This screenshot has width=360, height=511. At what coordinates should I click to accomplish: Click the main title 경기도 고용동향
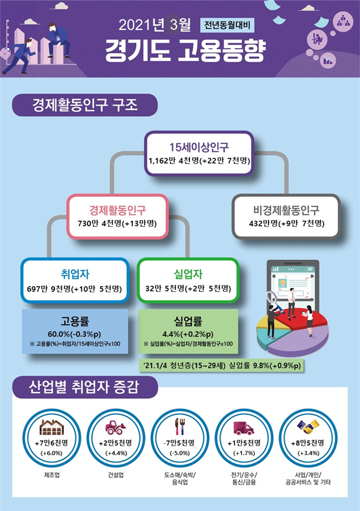pyautogui.click(x=185, y=51)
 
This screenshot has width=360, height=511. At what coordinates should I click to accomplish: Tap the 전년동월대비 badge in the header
pyautogui.click(x=227, y=25)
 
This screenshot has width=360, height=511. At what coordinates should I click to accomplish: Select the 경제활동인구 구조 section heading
pyautogui.click(x=85, y=105)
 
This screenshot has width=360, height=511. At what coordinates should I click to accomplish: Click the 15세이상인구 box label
pyautogui.click(x=199, y=148)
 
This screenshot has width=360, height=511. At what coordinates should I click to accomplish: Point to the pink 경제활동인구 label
pyautogui.click(x=118, y=210)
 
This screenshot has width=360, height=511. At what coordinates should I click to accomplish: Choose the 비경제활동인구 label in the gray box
pyautogui.click(x=287, y=210)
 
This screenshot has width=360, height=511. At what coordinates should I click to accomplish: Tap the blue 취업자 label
pyautogui.click(x=75, y=274)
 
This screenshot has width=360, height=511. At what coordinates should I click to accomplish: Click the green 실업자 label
pyautogui.click(x=188, y=274)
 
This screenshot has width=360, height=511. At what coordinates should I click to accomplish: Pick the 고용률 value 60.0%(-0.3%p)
pyautogui.click(x=75, y=334)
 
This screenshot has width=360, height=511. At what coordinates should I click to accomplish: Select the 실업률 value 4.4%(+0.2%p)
pyautogui.click(x=188, y=334)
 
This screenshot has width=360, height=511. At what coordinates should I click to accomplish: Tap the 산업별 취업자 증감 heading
pyautogui.click(x=84, y=387)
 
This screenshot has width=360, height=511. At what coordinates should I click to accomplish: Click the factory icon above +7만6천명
pyautogui.click(x=52, y=427)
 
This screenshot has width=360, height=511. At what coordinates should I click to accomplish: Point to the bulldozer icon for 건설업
pyautogui.click(x=116, y=427)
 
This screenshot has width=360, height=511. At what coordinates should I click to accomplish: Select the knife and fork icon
pyautogui.click(x=179, y=426)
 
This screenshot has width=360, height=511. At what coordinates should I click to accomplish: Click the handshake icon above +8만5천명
pyautogui.click(x=308, y=427)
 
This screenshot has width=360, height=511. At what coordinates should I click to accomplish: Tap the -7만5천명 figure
pyautogui.click(x=179, y=443)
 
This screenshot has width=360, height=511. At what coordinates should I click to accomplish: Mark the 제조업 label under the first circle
pyautogui.click(x=52, y=475)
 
